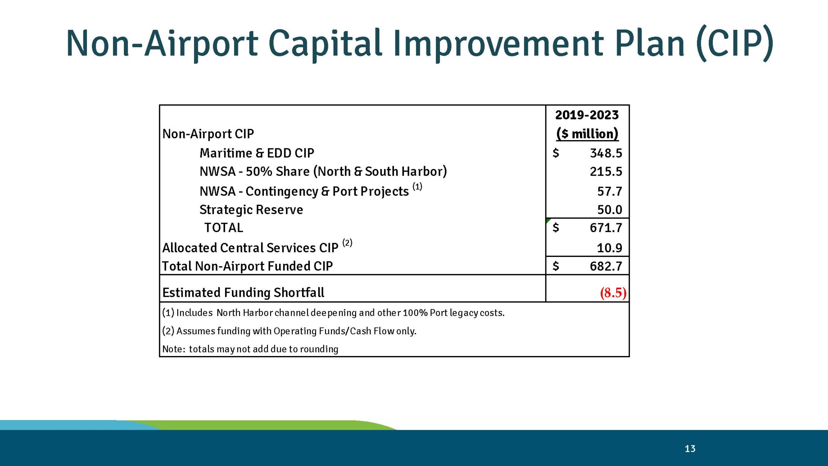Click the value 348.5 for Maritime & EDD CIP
[605, 153]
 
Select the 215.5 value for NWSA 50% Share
[605, 172]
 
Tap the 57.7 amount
[609, 191]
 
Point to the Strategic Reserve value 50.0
[609, 210]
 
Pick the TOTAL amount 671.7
[605, 228]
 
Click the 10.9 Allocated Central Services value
[609, 248]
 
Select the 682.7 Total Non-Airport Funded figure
[605, 266]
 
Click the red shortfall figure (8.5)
[613, 293]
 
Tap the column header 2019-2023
[587, 115]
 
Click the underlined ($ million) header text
[587, 134]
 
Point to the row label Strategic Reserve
[251, 210]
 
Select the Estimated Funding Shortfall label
[243, 293]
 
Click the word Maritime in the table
[226, 153]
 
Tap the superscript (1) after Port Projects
[417, 187]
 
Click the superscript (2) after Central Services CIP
[347, 243]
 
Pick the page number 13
[690, 449]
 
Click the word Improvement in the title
[498, 44]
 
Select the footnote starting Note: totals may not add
[250, 349]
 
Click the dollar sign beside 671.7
[556, 228]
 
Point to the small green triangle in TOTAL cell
[548, 220]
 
